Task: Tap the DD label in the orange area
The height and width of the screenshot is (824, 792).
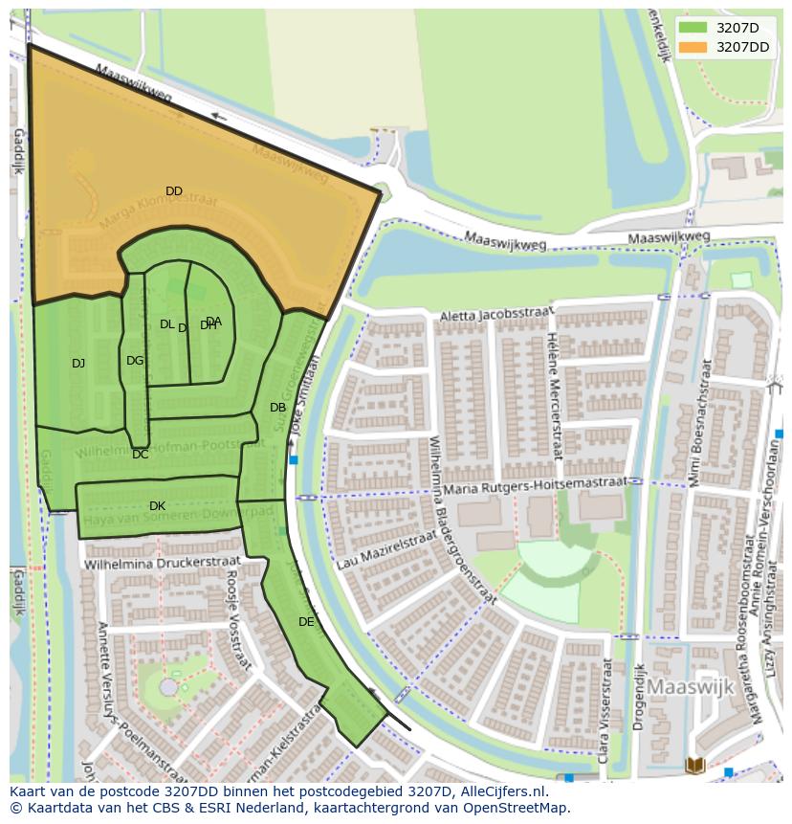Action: pyautogui.click(x=173, y=191)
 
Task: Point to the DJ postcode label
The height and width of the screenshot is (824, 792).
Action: pyautogui.click(x=78, y=363)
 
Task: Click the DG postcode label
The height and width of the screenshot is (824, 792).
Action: pyautogui.click(x=135, y=361)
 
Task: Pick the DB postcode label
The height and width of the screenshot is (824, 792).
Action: pyautogui.click(x=277, y=408)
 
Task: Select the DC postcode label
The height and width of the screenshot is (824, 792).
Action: pyautogui.click(x=141, y=455)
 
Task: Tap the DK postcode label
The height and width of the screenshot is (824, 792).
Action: pyautogui.click(x=157, y=506)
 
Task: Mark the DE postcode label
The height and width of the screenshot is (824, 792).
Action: pyautogui.click(x=306, y=622)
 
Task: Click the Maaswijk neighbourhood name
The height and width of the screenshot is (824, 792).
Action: pyautogui.click(x=690, y=687)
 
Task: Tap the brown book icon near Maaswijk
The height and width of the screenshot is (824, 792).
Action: pyautogui.click(x=695, y=765)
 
